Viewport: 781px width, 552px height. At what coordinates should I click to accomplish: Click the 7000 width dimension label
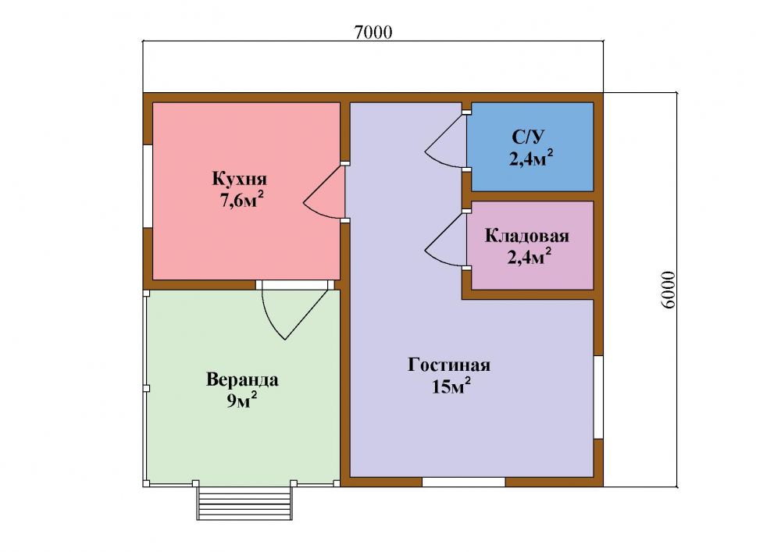(373, 32)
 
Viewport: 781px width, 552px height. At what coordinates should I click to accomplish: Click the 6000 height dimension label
(669, 290)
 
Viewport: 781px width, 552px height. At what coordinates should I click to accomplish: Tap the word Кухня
(240, 179)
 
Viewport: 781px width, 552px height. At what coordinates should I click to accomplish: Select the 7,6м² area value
(241, 199)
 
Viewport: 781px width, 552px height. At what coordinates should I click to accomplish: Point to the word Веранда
(242, 379)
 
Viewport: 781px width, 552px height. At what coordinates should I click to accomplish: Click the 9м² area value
(243, 401)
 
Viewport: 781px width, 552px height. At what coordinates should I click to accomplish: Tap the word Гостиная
(449, 365)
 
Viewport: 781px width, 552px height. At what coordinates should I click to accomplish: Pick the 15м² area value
(451, 386)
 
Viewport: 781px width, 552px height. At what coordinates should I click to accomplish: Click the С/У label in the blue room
(529, 137)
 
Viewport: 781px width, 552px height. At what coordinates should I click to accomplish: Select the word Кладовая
(527, 236)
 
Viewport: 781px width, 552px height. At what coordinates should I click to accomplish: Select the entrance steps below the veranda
(244, 503)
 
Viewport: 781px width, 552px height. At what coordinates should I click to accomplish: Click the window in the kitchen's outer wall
(148, 186)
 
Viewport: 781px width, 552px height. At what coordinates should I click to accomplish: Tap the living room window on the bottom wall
(464, 482)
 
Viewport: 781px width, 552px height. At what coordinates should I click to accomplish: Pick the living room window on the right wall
(599, 397)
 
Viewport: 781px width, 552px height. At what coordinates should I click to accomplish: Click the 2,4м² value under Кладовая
(530, 257)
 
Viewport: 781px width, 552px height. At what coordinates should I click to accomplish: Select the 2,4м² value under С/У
(531, 158)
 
